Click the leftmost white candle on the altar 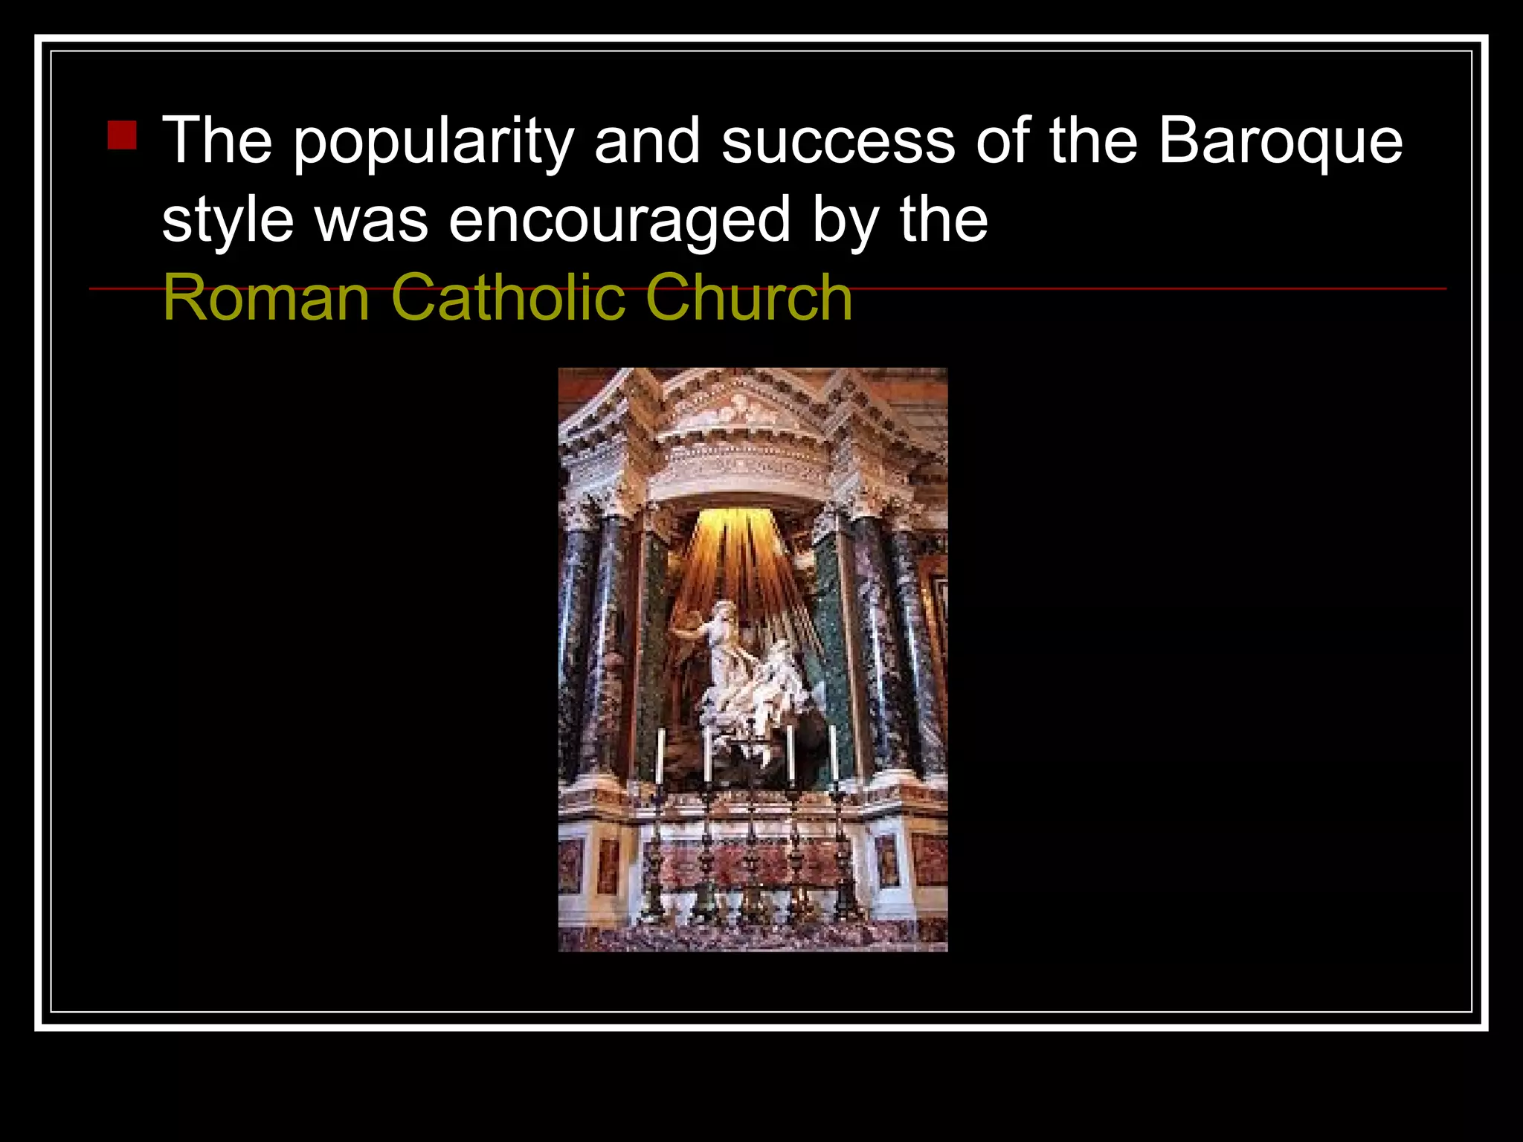pos(660,755)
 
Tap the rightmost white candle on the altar pos(834,752)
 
